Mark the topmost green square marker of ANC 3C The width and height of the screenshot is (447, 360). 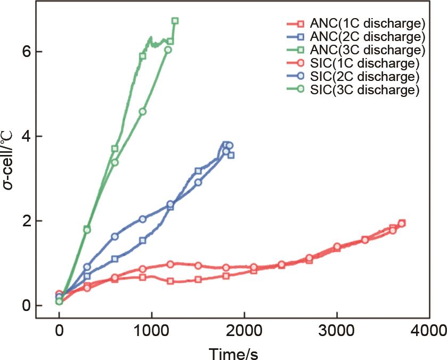coord(175,21)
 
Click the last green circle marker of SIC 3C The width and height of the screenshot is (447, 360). coord(168,50)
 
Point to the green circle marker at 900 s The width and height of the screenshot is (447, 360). coord(142,111)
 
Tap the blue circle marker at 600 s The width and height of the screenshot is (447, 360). coord(115,236)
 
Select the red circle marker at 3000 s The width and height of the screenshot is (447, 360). coord(337,247)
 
